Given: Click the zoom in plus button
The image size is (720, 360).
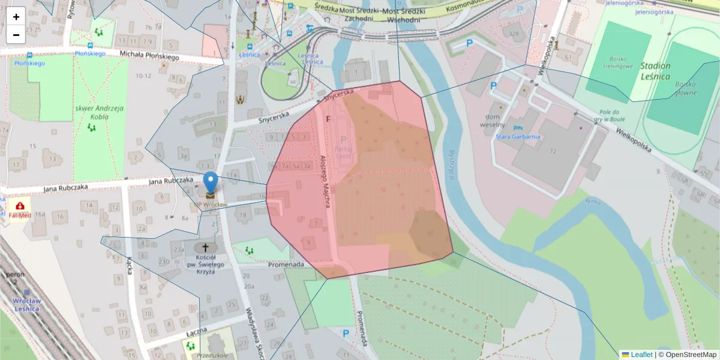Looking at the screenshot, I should pos(16,16).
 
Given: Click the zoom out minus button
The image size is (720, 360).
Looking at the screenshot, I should pos(16,35).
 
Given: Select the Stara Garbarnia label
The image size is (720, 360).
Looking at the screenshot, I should pos(517,137).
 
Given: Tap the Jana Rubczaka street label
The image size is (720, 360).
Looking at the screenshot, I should pos(171,179).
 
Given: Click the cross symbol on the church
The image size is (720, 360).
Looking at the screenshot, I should pos(205,247).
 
